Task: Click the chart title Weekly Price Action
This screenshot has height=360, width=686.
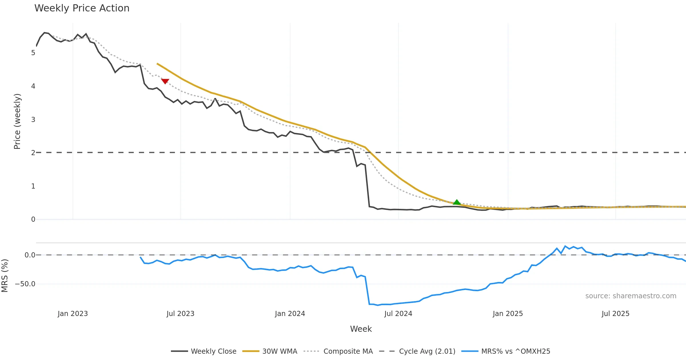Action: [82, 8]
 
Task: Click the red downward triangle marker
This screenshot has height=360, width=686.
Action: [165, 81]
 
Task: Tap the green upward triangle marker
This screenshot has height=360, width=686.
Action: [457, 202]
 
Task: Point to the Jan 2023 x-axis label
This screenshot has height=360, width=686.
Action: [73, 314]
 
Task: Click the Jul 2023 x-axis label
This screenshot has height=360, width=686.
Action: [180, 314]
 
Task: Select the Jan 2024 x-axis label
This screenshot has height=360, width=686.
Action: [290, 314]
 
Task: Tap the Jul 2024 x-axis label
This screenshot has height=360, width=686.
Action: [398, 314]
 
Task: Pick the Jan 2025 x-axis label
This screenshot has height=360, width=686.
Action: [508, 314]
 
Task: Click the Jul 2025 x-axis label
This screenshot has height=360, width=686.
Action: [615, 314]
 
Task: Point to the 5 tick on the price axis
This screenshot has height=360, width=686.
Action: [33, 53]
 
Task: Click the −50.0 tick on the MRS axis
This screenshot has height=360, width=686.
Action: [25, 284]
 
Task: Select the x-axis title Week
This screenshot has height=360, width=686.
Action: [361, 329]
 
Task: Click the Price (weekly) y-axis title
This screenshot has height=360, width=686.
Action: [17, 121]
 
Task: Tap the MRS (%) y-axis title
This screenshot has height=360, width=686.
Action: [5, 275]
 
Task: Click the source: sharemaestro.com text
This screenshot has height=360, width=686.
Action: [631, 296]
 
